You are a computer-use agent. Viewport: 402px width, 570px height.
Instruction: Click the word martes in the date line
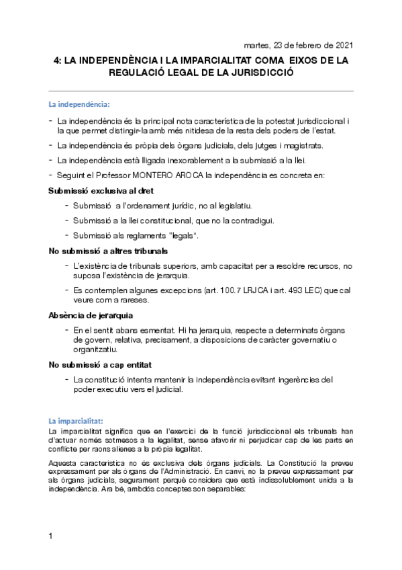258,45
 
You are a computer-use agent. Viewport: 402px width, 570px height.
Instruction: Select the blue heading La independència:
79,105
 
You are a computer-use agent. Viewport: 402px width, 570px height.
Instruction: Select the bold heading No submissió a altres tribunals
99,251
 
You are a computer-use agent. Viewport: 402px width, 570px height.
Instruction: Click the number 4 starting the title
56,60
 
